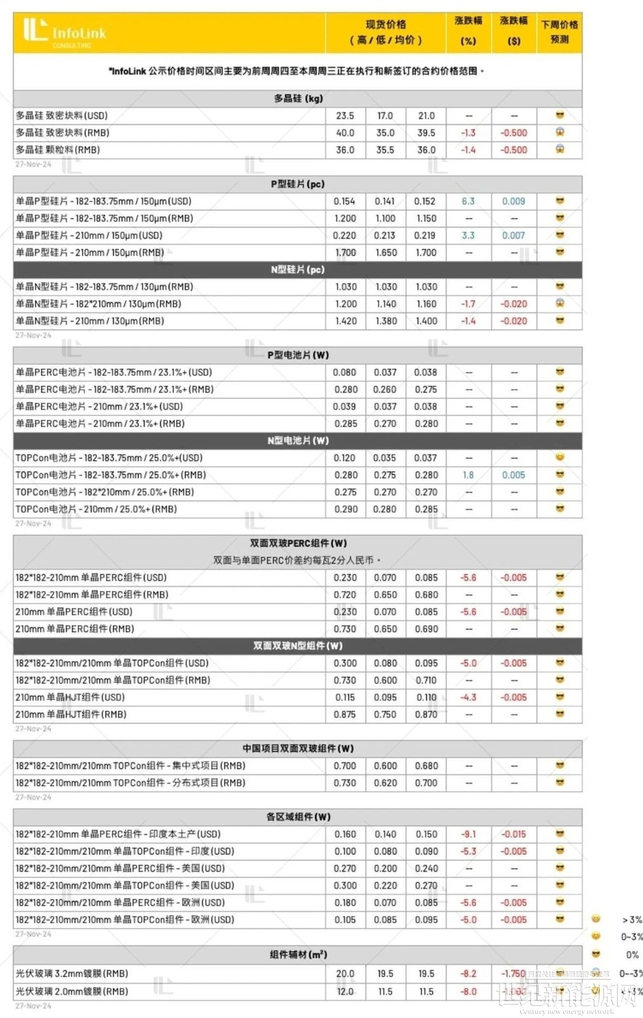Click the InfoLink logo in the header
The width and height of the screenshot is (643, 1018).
(x=64, y=32)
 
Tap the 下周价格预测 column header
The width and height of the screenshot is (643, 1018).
(x=559, y=32)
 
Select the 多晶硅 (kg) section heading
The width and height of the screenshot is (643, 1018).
(x=298, y=99)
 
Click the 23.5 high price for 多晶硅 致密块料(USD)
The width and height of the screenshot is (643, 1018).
(x=345, y=116)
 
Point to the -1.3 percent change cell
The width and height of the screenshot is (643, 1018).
(x=468, y=133)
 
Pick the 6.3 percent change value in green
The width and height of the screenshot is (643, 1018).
(x=468, y=201)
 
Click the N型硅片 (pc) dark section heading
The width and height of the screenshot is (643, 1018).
(x=298, y=270)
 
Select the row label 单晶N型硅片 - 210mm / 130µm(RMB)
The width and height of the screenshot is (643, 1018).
(x=90, y=321)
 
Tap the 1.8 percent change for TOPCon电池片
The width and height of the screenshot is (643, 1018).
(x=468, y=475)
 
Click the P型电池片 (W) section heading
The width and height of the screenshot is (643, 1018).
(x=298, y=355)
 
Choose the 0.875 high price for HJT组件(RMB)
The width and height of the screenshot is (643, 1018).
(x=345, y=715)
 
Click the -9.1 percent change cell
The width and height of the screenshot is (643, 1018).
(x=468, y=834)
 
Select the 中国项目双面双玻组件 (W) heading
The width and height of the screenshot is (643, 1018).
(x=298, y=749)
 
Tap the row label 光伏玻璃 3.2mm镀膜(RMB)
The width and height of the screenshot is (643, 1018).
(x=72, y=973)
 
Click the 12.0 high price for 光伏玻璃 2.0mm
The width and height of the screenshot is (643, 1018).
(x=345, y=991)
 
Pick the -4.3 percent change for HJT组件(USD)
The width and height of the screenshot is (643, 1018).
(x=468, y=697)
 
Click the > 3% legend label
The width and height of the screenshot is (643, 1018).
(x=632, y=920)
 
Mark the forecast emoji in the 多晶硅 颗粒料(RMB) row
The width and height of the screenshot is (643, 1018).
(x=560, y=150)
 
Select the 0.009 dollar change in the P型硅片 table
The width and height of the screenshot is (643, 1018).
(x=513, y=201)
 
